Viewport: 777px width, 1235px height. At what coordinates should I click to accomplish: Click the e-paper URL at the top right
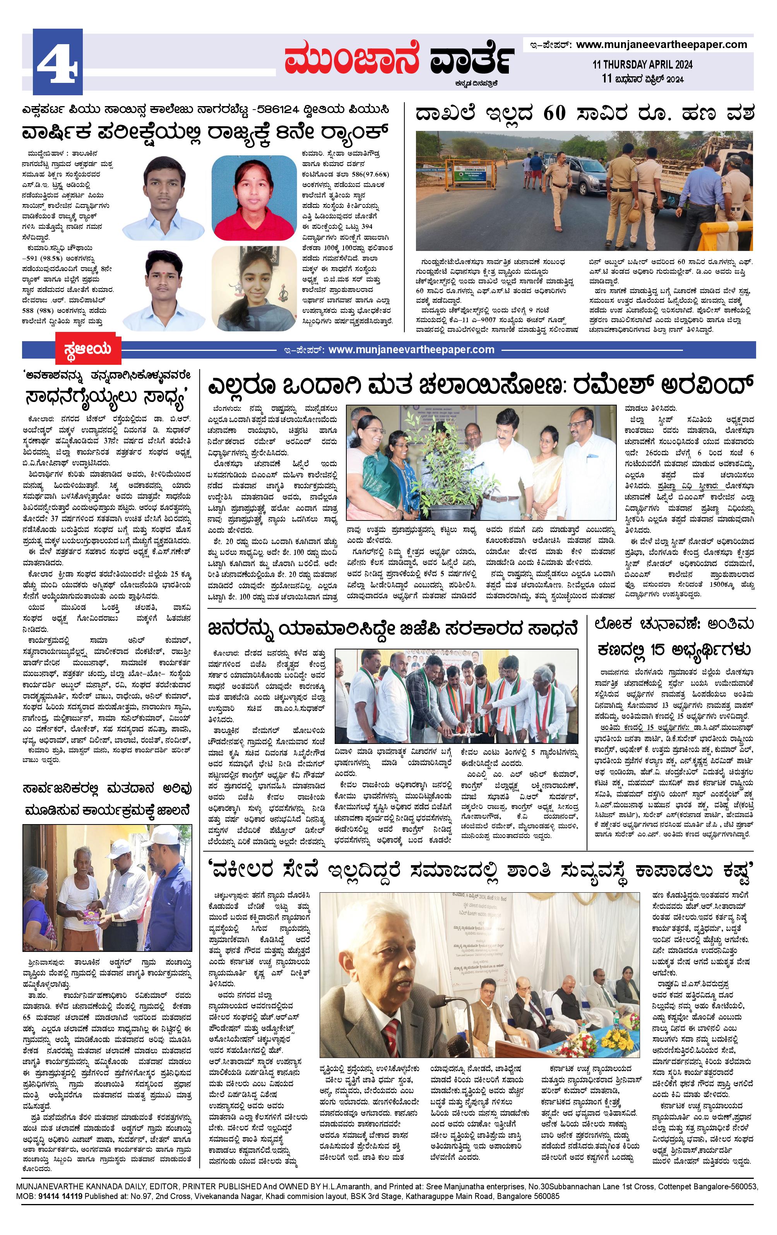661,45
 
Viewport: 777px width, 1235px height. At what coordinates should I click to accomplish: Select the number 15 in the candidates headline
668,650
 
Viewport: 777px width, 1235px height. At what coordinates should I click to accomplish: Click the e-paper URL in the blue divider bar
411,350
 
